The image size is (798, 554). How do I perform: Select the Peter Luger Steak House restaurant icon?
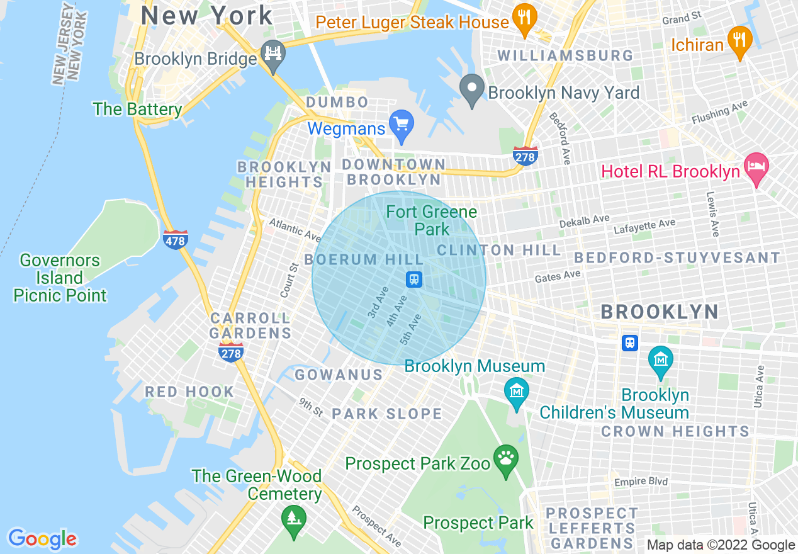point(524,19)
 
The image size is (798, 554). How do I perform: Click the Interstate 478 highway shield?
point(175,239)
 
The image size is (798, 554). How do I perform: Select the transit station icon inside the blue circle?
point(414,279)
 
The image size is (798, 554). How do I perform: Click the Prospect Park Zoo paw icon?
point(506,460)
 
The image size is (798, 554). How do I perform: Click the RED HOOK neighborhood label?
point(189,392)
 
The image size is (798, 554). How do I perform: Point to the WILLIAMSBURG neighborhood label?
point(566,55)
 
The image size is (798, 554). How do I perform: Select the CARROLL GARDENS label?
point(250,325)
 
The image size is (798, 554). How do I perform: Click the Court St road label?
point(289,280)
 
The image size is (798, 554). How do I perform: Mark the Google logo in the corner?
point(42,539)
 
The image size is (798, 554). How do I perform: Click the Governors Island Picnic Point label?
point(60,278)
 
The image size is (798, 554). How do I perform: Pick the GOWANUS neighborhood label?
point(339,375)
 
